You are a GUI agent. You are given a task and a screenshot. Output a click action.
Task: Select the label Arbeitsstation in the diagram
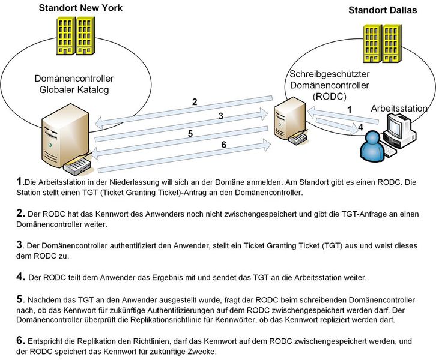click(399, 109)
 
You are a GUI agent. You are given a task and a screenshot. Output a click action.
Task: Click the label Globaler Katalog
click(74, 90)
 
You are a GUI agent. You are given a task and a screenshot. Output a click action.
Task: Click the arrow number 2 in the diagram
click(195, 101)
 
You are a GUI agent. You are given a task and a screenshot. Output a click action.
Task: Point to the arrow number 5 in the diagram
click(190, 134)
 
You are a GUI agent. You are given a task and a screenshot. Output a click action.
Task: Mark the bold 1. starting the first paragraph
click(22, 181)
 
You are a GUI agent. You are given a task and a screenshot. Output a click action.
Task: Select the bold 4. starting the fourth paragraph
click(22, 277)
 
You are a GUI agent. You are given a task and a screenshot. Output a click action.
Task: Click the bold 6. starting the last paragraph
click(22, 340)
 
